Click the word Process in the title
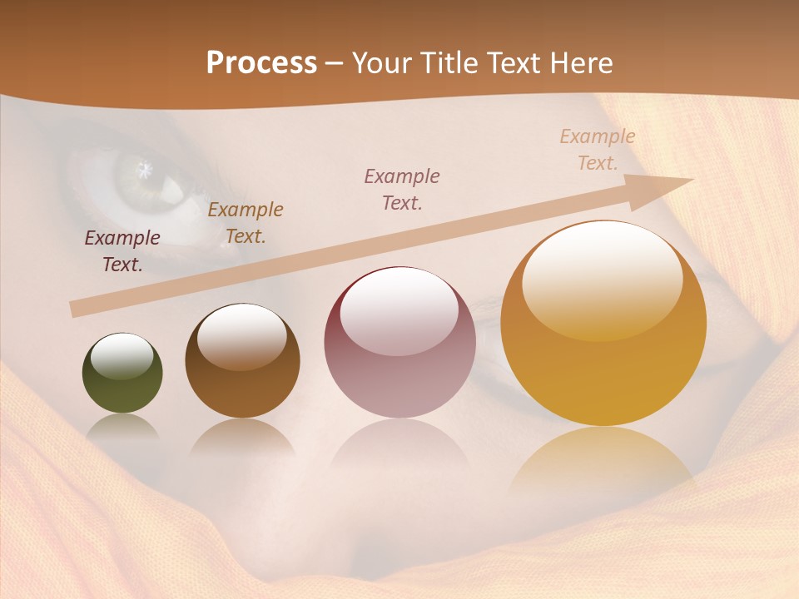[261, 63]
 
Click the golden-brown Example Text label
[246, 223]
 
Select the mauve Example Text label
[402, 189]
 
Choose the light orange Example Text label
[598, 150]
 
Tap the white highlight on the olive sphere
[122, 356]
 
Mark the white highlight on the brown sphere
[242, 334]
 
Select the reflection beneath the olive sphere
[122, 426]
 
